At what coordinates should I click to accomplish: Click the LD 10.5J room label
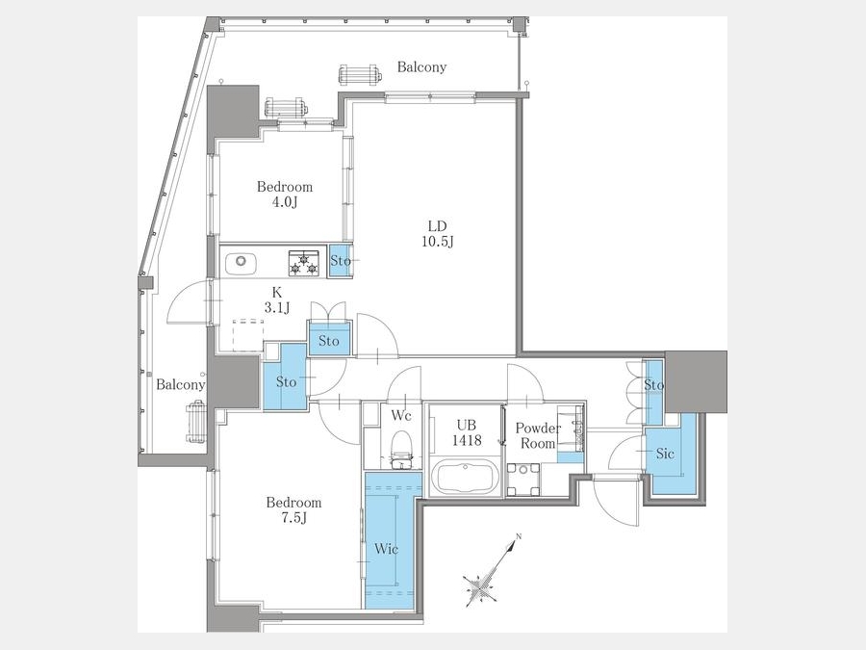coord(438,234)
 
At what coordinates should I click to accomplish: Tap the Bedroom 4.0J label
coord(285,194)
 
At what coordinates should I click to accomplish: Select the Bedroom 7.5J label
coord(293,509)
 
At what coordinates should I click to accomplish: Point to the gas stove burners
coord(304,263)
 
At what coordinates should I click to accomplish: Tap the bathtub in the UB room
coord(465,477)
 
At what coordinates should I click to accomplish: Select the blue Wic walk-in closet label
coord(386,549)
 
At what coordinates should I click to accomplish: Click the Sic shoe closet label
coord(665,454)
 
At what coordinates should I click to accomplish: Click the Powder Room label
coord(537,435)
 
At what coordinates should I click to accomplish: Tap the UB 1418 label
coord(467,432)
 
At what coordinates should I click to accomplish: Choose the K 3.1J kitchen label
coord(277,300)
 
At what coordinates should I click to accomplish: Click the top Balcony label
coord(422,66)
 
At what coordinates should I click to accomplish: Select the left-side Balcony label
coord(180,384)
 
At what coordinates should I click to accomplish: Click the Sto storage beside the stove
coord(341,260)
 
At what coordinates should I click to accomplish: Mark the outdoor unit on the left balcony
coord(196,423)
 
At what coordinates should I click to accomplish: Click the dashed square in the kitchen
coord(248,335)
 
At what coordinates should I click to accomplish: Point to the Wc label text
coord(401,415)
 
